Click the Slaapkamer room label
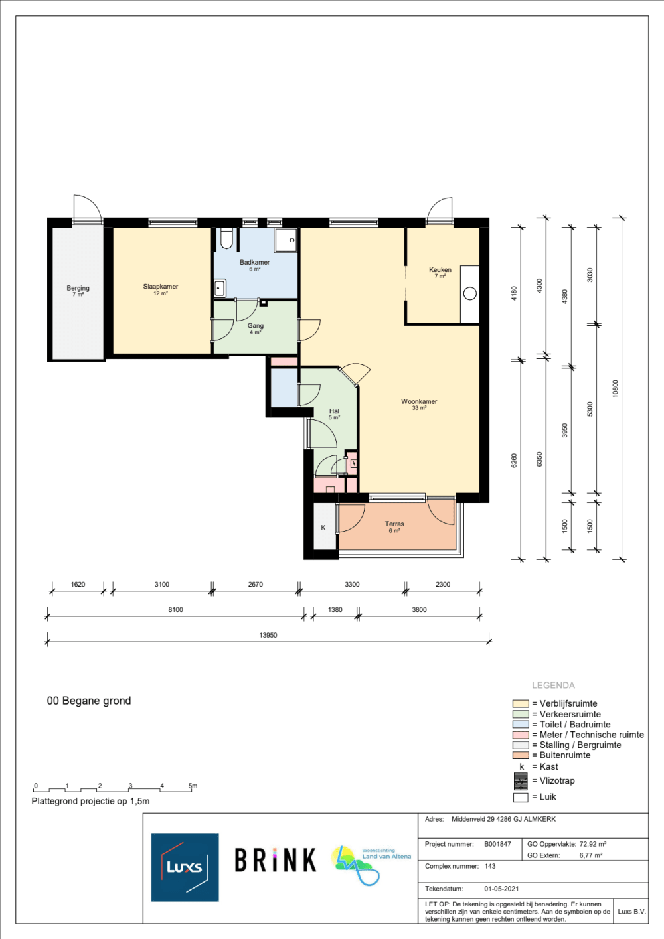pos(160,287)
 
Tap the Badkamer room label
pos(254,262)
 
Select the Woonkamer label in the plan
pos(419,401)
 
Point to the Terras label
pos(394,524)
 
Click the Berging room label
pos(78,288)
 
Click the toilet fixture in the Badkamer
pos(226,238)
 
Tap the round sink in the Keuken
pos(470,293)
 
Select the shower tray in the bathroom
pos(286,240)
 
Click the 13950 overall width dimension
pos(268,636)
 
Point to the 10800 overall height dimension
pos(616,389)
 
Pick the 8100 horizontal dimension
pos(176,609)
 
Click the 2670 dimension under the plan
pos(256,585)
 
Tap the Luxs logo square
pos(185,867)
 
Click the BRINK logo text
pos(275,860)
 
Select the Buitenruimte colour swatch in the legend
pos(521,755)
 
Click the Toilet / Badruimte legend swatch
pos(521,725)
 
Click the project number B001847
pos(497,844)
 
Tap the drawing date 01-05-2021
pos(501,889)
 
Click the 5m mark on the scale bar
pos(193,786)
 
